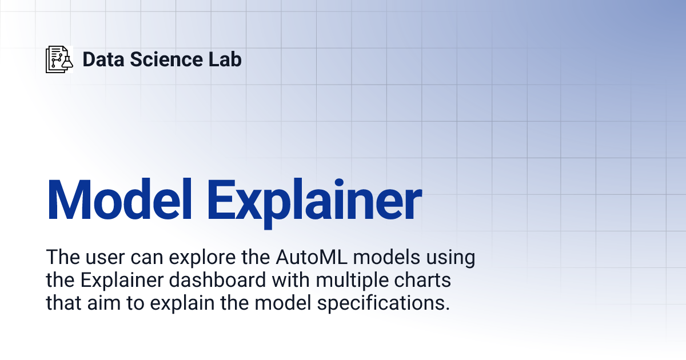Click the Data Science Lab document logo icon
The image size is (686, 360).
tap(59, 59)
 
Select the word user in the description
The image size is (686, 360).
tap(102, 257)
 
